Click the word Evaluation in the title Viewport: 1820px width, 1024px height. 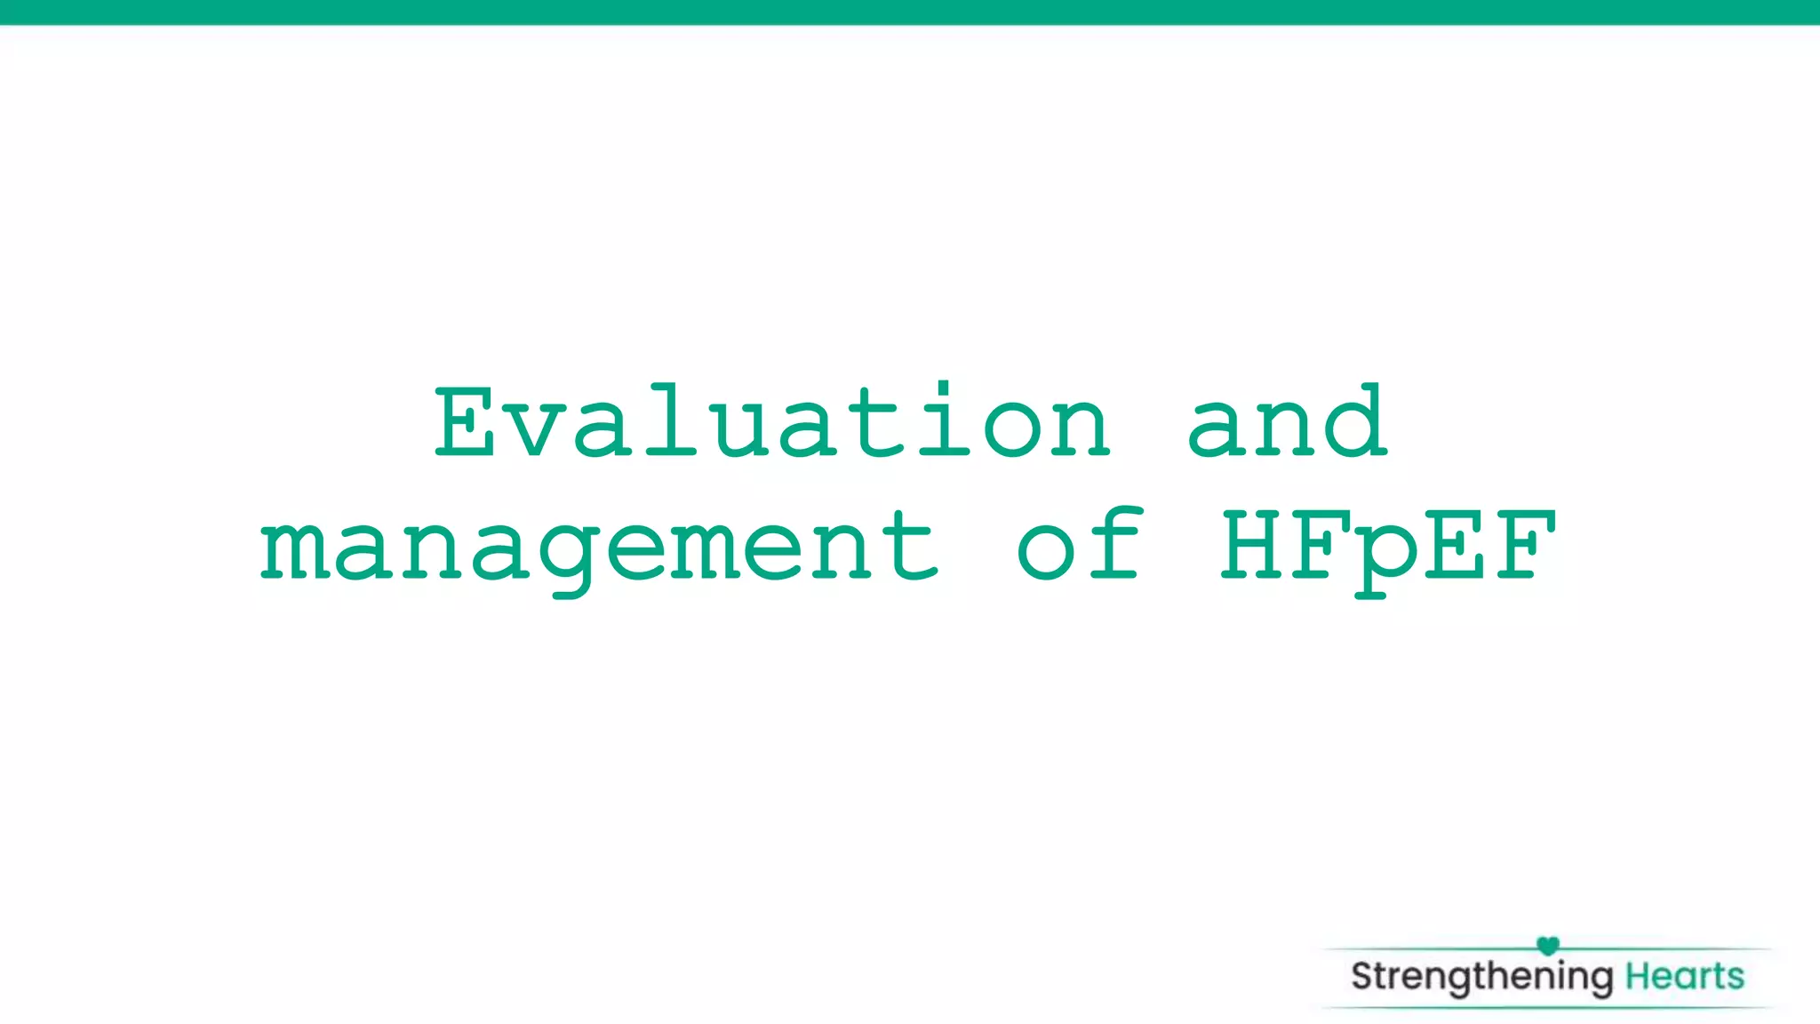pyautogui.click(x=771, y=422)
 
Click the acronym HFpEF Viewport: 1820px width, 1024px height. pyautogui.click(x=1388, y=548)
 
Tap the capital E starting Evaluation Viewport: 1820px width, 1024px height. pyautogui.click(x=465, y=422)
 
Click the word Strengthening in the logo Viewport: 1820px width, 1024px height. pyautogui.click(x=1481, y=977)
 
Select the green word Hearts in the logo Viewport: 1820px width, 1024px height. pyautogui.click(x=1685, y=976)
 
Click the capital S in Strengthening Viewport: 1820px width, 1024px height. pyautogui.click(x=1362, y=976)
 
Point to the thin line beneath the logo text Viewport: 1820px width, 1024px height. pyautogui.click(x=1546, y=1007)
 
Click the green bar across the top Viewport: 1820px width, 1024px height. pyautogui.click(x=910, y=12)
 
